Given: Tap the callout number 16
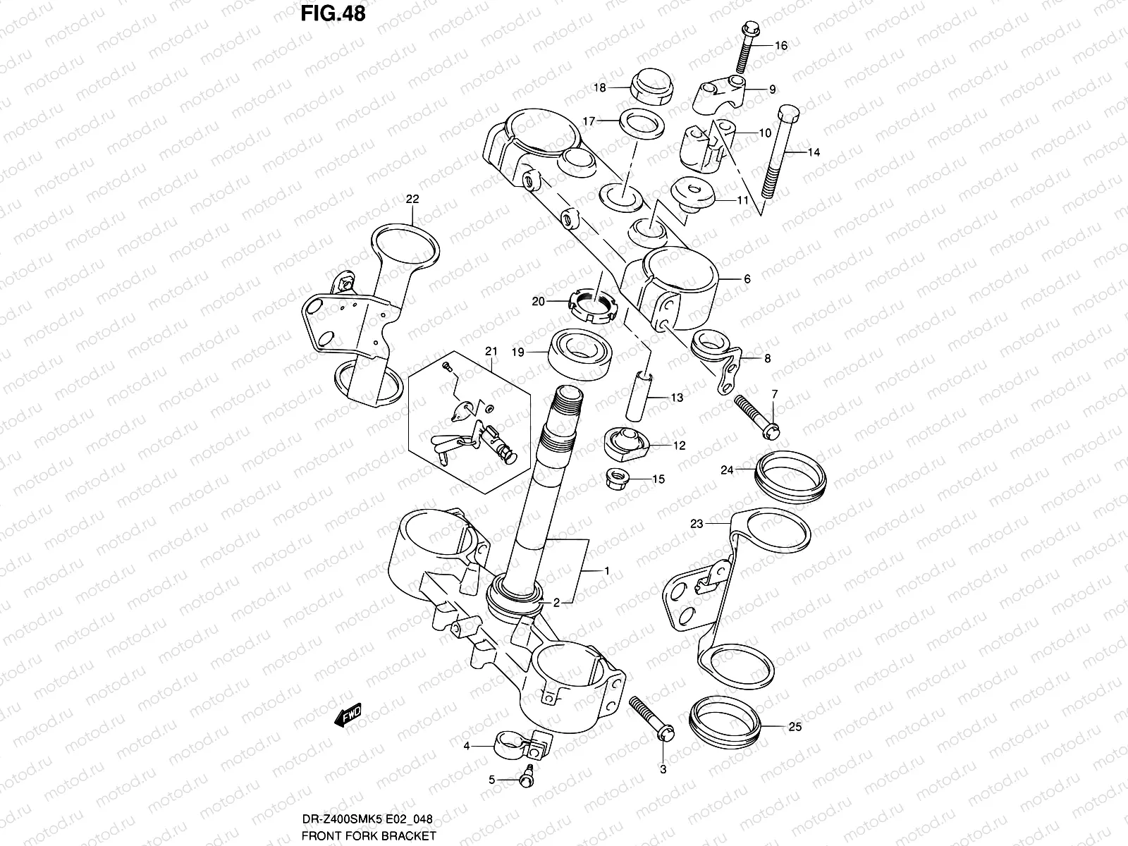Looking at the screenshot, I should click(x=780, y=46).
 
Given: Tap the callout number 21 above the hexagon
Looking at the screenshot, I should click(x=491, y=351).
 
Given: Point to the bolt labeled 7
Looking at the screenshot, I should click(x=755, y=415).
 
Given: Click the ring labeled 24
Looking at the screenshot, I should click(x=790, y=477).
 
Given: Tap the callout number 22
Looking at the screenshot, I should click(x=412, y=200).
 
